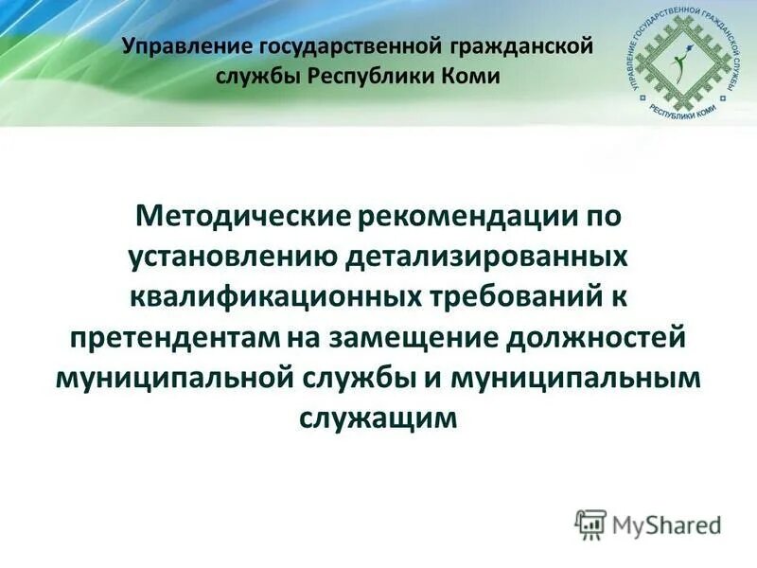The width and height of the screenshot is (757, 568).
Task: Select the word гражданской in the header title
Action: point(512,45)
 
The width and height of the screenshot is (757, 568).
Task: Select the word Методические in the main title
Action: point(244,217)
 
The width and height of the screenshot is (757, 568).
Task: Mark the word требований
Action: point(511,297)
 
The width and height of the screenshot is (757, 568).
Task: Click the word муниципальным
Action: point(582,377)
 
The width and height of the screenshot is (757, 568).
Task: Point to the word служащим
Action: point(378,417)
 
